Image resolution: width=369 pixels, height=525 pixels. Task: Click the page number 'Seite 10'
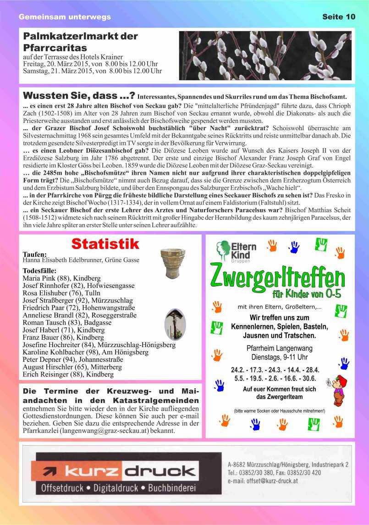338,17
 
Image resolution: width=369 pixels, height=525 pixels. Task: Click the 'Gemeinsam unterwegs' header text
65,17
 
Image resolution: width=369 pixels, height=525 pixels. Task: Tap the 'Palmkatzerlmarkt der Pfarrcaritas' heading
80,41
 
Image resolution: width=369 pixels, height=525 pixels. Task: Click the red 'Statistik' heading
105,243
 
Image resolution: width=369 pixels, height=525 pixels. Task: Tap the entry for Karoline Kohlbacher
85,352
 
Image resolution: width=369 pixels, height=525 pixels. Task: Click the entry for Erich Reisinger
68,374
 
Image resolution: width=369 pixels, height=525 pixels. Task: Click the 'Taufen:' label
35,254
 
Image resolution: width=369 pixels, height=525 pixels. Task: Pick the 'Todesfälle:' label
39,271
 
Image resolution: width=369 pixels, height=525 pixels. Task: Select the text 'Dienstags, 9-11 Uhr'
280,357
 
